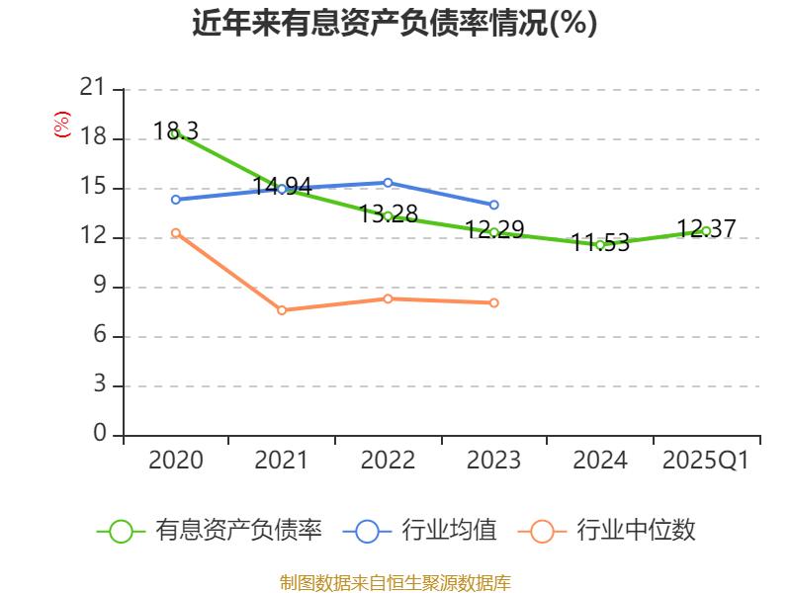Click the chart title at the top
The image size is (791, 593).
pos(395,24)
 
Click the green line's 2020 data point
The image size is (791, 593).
pos(175,133)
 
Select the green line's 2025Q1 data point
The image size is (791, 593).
pos(706,230)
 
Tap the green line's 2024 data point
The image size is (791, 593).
pos(600,244)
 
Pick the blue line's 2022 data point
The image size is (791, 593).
pos(388,182)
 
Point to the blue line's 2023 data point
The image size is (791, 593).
pos(493,205)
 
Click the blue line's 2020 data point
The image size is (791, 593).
pos(175,200)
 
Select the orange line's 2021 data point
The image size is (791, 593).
pos(282,310)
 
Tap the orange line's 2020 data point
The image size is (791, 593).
pos(175,232)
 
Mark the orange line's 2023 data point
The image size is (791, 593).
pos(493,302)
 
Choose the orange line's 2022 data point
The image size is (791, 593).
pos(388,298)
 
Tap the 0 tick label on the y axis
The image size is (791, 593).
pos(99,435)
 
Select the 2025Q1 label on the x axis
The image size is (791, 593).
pos(706,461)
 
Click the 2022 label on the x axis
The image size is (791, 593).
pos(388,461)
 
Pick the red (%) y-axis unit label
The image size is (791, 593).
pos(61,126)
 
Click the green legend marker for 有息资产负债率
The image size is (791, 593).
pos(121,531)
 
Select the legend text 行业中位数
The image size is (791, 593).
pos(636,531)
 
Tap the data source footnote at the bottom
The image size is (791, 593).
pos(395,582)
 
